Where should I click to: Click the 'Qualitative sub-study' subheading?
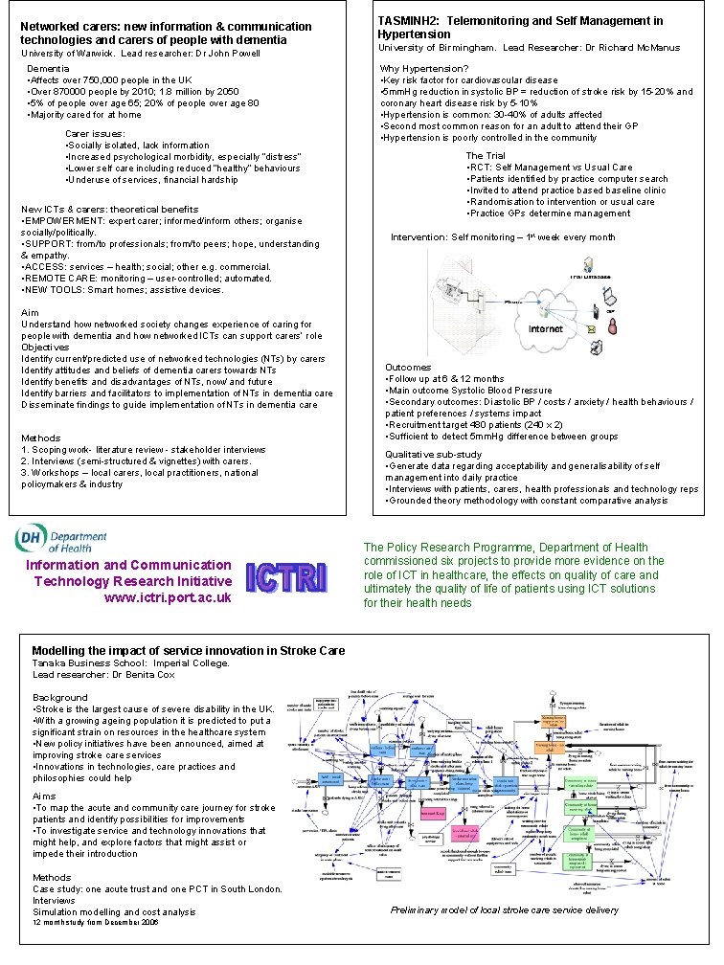[433, 454]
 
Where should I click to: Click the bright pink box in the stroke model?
[432, 813]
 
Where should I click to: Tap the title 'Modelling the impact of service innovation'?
[188, 651]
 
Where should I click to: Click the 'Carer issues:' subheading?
[93, 134]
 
